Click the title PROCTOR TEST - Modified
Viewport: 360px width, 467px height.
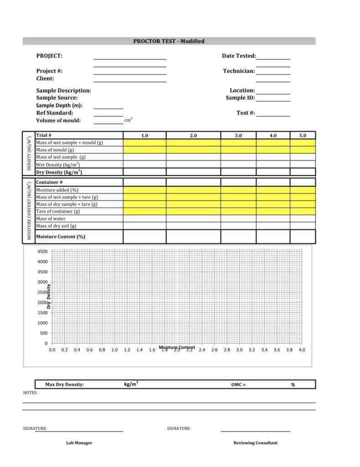coord(169,41)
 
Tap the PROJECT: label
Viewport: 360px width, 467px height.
coord(49,56)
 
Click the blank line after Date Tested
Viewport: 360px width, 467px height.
coord(273,57)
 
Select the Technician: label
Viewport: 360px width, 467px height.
coord(239,71)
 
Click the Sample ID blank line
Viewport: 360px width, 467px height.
coord(273,99)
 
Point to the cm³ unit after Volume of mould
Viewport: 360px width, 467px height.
coord(128,120)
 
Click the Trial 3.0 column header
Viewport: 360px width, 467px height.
coord(238,135)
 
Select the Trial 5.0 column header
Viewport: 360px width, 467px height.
coord(303,135)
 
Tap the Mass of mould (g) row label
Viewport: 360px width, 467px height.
coord(55,150)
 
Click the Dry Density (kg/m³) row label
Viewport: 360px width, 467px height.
coord(59,172)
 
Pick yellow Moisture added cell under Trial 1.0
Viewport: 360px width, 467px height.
coord(144,190)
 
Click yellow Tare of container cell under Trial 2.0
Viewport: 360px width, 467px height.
coord(193,212)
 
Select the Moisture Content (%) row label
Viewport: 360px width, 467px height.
coord(61,237)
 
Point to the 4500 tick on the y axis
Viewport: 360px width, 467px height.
coord(42,252)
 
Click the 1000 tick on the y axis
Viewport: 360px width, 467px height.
coord(42,323)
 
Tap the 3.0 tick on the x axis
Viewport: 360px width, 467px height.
coord(239,350)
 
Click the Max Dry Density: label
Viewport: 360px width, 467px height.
coord(64,384)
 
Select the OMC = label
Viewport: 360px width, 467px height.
coord(238,384)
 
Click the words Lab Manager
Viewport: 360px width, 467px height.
coord(79,443)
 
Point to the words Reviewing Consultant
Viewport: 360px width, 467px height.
coord(255,443)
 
